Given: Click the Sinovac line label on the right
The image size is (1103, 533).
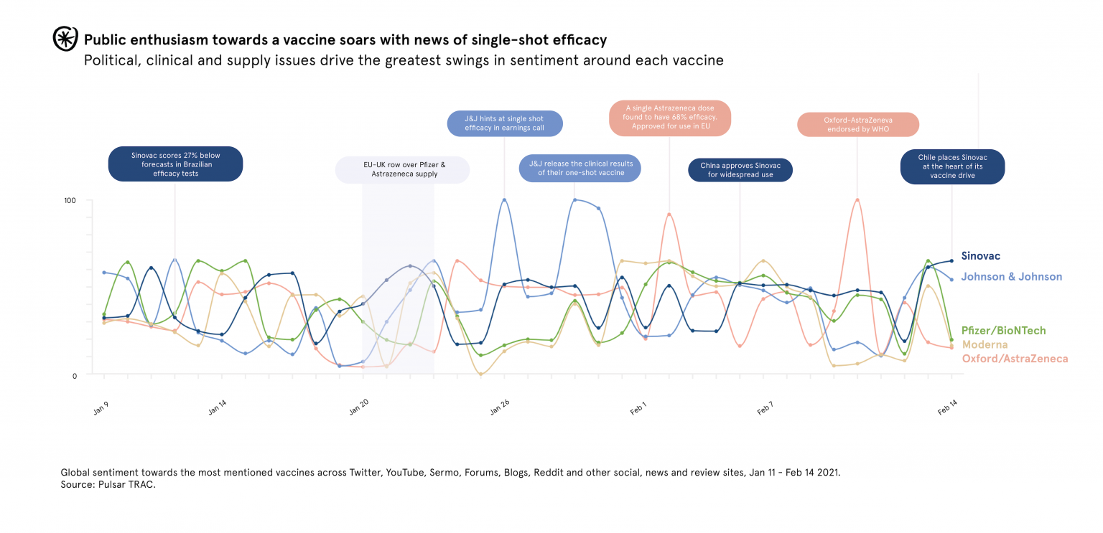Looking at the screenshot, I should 980,256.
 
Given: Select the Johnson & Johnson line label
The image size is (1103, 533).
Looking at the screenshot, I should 1011,277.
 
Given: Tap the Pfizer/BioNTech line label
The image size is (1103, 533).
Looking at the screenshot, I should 1003,331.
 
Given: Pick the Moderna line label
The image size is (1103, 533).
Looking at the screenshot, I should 985,345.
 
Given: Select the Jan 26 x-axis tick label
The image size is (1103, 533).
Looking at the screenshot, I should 500,407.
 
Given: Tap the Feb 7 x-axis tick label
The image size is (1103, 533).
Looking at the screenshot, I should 765,407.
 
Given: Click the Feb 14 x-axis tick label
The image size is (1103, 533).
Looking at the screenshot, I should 947,407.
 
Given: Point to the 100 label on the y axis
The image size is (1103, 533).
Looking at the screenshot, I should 70,200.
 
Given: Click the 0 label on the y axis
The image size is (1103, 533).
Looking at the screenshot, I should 73,376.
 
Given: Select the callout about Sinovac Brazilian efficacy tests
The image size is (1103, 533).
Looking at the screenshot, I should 175,164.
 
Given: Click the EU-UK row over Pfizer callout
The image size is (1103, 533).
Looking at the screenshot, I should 404,169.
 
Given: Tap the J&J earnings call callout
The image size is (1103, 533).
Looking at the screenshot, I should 504,123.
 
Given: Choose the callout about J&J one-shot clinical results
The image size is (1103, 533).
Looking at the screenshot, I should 581,168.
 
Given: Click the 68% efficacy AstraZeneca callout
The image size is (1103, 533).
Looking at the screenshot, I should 669,118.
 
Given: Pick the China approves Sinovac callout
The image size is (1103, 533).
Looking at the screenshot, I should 740,170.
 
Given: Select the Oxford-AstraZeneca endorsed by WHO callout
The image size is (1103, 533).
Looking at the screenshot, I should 857,125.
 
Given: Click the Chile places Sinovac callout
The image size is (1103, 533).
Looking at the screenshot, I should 952,166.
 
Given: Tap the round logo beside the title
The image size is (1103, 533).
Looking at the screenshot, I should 65,39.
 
